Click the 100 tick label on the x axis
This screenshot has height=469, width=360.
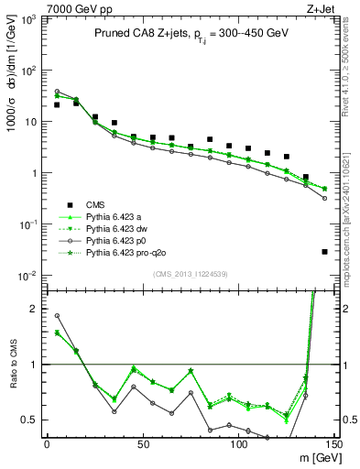click(238, 444)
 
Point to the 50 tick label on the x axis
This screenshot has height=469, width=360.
click(142, 444)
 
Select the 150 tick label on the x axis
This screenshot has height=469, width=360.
click(333, 444)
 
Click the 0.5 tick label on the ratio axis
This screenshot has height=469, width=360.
click(27, 420)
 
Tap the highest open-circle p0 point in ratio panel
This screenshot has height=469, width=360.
click(57, 316)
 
